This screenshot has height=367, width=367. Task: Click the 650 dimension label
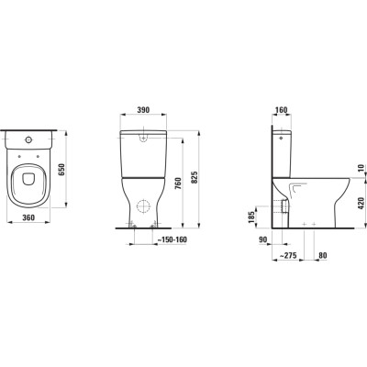coord(61,169)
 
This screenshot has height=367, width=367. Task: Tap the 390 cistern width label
coord(143,110)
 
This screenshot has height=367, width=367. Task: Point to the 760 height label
coord(178,183)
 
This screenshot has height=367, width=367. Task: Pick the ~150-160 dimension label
coord(172,239)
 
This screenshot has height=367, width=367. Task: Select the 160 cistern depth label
coord(281,110)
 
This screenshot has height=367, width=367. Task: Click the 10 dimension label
coord(361,168)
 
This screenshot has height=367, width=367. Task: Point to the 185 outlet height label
coord(251,217)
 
